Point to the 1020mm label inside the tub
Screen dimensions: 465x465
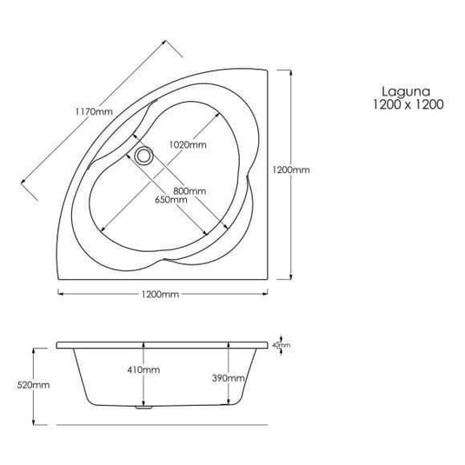[188, 144]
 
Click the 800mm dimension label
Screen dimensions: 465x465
[189, 190]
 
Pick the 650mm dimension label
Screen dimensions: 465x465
[171, 200]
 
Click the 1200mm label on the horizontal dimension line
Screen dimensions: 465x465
[161, 295]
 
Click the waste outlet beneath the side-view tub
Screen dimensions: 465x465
[145, 407]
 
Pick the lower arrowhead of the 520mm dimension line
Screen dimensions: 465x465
[35, 421]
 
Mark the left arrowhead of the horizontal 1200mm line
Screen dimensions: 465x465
[59, 295]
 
